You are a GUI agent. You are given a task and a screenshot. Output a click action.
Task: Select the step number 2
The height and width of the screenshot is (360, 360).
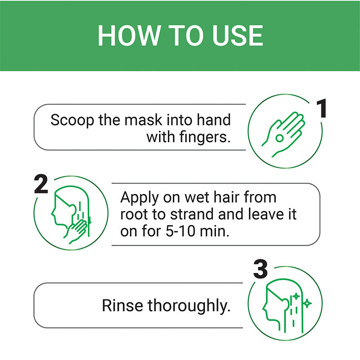coord(41,184)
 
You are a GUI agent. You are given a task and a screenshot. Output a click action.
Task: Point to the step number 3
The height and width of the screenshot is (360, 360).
coord(261,270)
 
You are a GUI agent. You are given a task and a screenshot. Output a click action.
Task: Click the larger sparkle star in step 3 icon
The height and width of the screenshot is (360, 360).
coord(308,304)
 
